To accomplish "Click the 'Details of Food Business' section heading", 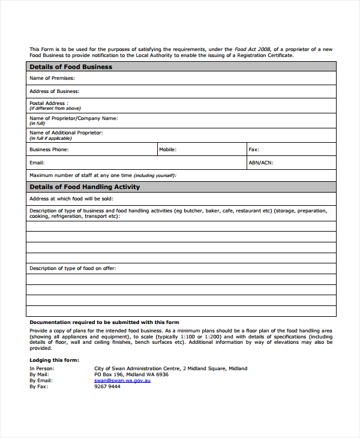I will (71, 67).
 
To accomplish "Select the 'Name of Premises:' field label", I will (52, 79).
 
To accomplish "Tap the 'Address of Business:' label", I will (55, 91).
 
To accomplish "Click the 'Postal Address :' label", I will (49, 103).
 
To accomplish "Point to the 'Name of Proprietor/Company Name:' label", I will (73, 118).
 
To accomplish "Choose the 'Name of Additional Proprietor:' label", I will (66, 133).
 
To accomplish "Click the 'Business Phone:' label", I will (49, 149).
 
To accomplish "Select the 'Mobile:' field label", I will (167, 149).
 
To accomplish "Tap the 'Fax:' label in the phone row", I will (254, 149).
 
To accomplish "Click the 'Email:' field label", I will (37, 163).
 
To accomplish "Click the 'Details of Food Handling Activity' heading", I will (85, 187).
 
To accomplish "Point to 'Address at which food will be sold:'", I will (71, 199).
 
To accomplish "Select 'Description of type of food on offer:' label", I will (73, 268).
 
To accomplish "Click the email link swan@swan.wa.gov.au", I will (122, 380).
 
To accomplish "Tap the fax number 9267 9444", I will (107, 386).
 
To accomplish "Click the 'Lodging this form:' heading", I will (54, 360).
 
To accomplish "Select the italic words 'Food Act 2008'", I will (253, 49).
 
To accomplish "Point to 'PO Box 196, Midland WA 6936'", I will (131, 374).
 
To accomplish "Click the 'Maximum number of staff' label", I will (81, 175).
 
